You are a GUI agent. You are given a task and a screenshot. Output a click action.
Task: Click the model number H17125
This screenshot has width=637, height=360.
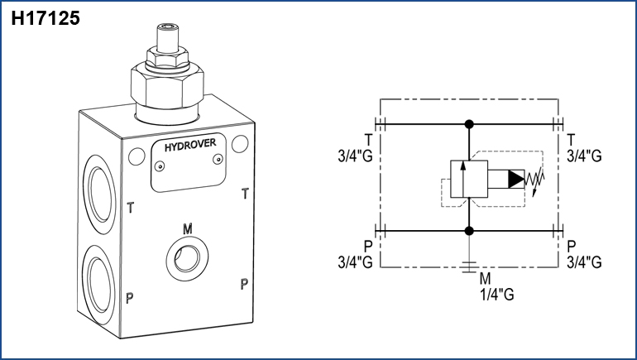click(x=45, y=17)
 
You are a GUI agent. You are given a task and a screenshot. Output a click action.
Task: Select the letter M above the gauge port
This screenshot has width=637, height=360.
click(x=187, y=228)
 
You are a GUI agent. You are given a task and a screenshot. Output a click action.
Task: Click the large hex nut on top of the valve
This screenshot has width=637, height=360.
click(x=166, y=84)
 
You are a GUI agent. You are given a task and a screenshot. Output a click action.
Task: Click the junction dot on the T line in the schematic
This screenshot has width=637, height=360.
click(x=469, y=124)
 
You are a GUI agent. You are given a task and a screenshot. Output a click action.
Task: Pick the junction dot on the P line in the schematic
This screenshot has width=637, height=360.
click(x=469, y=230)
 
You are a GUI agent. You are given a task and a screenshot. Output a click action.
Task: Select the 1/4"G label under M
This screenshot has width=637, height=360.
click(x=496, y=294)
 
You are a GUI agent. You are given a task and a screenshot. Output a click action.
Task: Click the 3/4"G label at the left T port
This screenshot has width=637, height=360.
click(x=355, y=156)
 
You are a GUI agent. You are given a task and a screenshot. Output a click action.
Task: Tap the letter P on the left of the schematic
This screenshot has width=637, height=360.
click(x=366, y=246)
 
